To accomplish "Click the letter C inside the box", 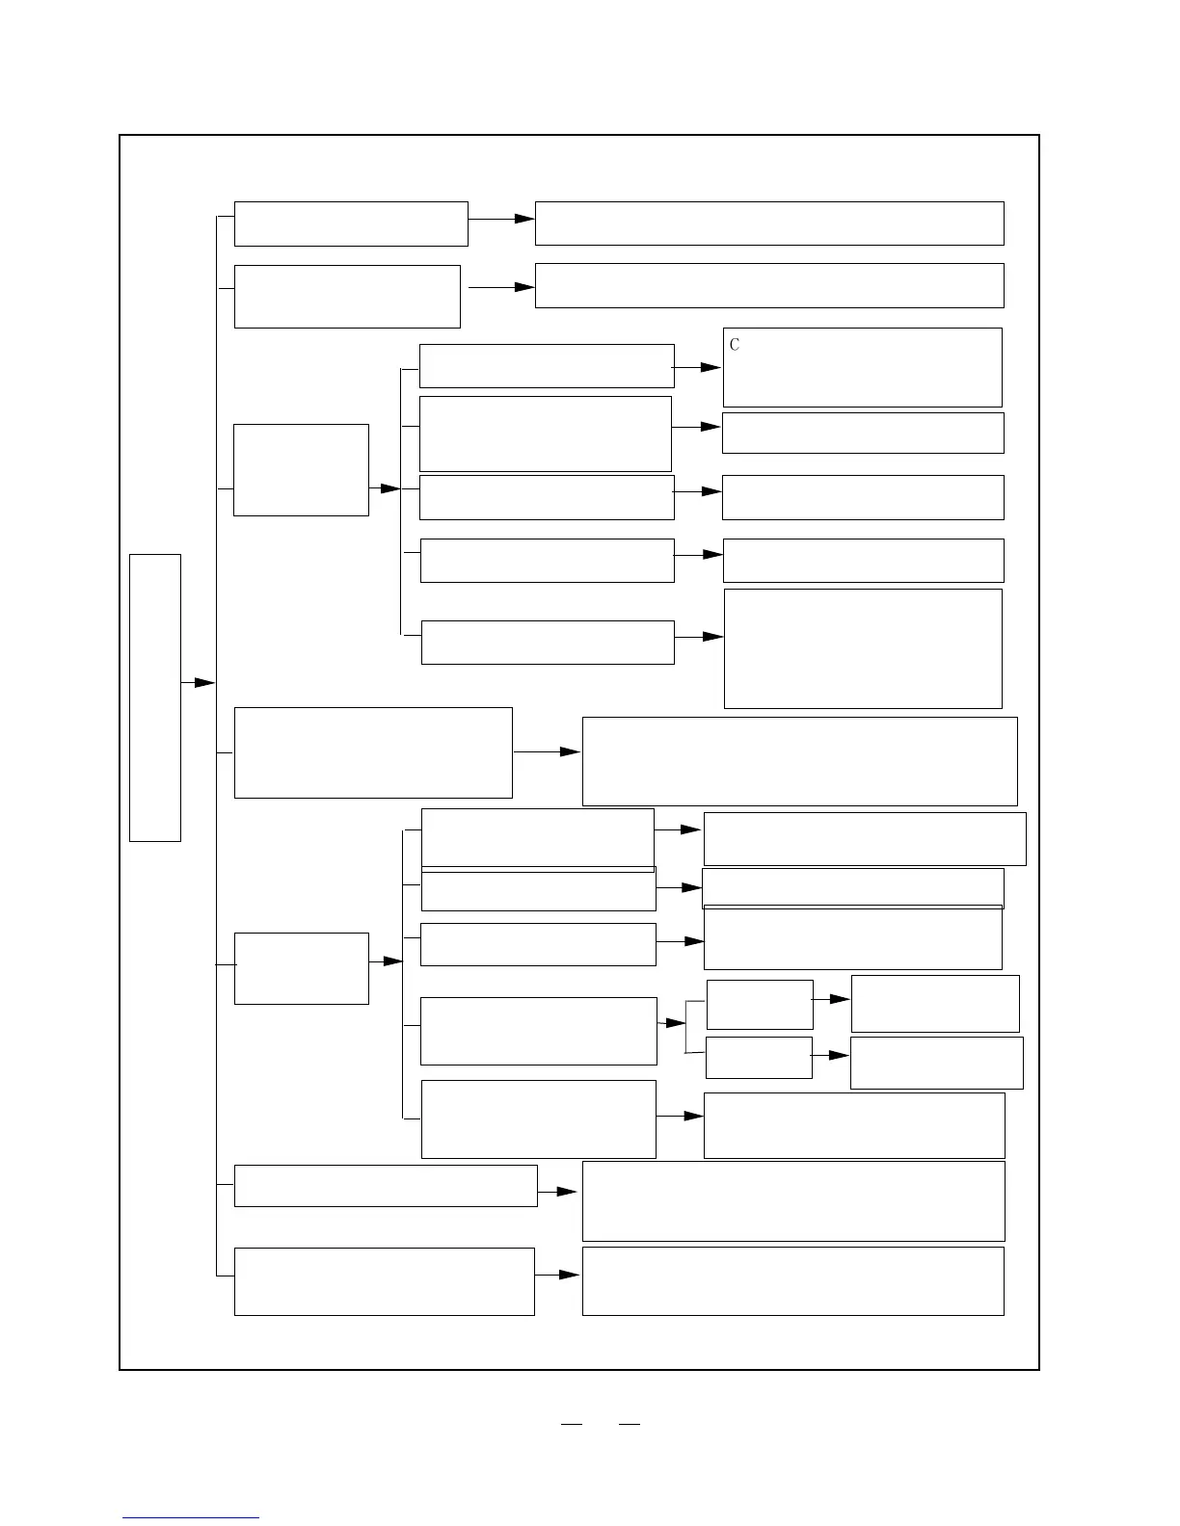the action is click(x=735, y=345).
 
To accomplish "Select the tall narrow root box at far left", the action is click(x=155, y=697).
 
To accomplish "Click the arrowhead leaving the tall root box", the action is click(x=203, y=682).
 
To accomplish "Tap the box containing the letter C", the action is click(x=862, y=368).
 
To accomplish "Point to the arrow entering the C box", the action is click(x=710, y=367).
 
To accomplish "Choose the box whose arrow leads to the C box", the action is click(x=547, y=366).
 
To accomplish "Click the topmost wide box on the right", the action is click(x=769, y=224).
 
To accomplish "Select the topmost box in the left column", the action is click(x=351, y=224).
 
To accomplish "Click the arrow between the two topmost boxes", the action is click(x=523, y=219).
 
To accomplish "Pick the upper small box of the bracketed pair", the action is click(x=760, y=1005).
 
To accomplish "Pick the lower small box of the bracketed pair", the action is click(x=759, y=1058).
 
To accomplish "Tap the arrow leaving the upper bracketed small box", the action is click(x=839, y=999).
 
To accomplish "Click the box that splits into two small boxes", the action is click(x=539, y=1031).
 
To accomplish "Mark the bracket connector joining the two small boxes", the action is click(x=686, y=1027).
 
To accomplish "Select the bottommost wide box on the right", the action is click(x=792, y=1281).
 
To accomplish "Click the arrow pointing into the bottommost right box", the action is click(x=569, y=1275).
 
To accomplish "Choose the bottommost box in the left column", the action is click(x=384, y=1281).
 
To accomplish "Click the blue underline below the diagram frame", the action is click(x=191, y=1518).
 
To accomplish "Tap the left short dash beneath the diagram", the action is click(x=572, y=1423).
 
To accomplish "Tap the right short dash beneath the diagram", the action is click(x=630, y=1423).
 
